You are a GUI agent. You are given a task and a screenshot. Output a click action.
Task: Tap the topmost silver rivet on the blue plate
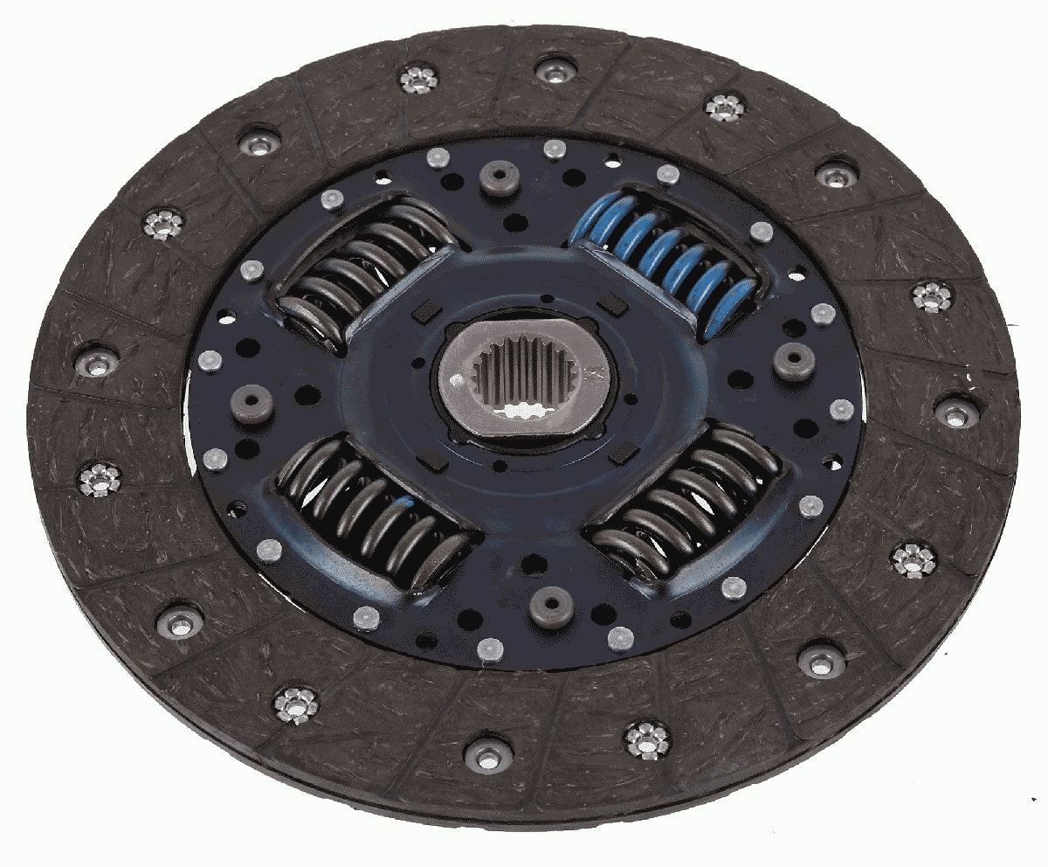point(552,149)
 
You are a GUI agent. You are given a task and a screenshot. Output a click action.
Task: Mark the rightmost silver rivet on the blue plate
point(842,409)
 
